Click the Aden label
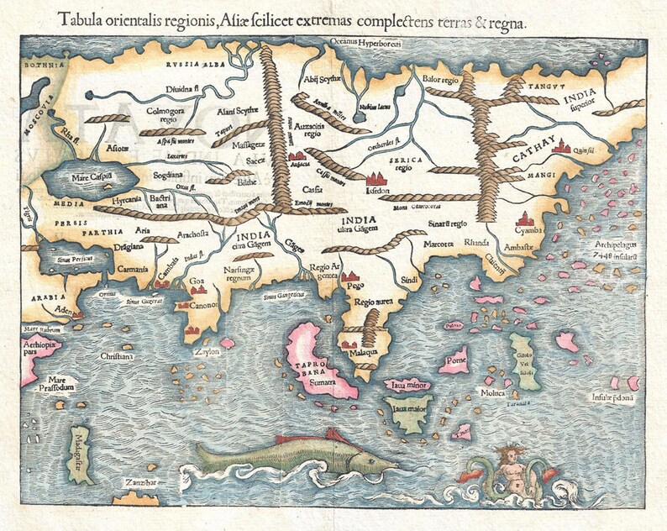(x=60, y=308)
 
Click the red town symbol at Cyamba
(x=527, y=219)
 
